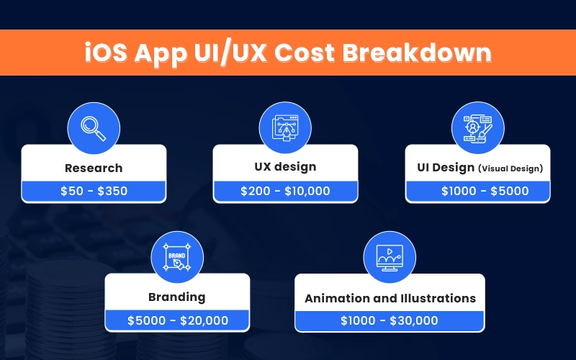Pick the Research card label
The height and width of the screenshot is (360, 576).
[94, 168]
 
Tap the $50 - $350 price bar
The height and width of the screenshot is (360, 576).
[94, 191]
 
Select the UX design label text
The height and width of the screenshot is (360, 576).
[285, 167]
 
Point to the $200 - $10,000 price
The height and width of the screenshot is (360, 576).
[285, 191]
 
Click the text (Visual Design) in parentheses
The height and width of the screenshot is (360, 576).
[510, 168]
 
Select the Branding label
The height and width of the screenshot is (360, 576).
[177, 297]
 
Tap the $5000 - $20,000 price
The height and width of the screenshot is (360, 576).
[177, 320]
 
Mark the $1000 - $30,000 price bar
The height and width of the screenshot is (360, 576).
[390, 320]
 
